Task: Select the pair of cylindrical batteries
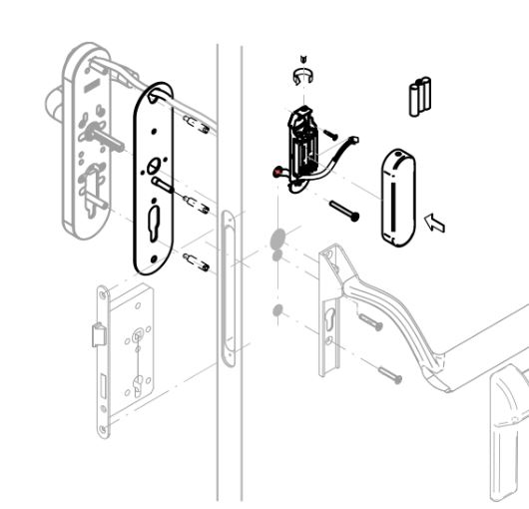(x=418, y=96)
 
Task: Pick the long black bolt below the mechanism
(x=343, y=210)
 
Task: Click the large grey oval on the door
(x=276, y=239)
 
